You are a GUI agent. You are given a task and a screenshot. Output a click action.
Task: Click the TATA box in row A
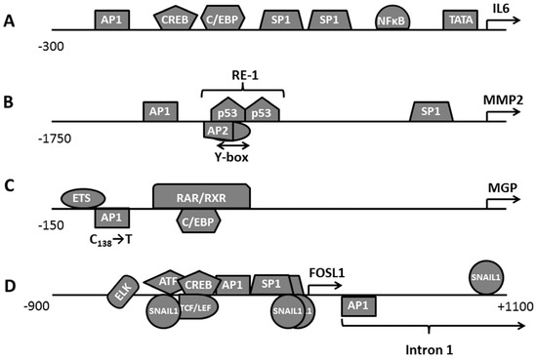pyautogui.click(x=458, y=19)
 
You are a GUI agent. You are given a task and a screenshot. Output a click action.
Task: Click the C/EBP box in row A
pyautogui.click(x=230, y=18)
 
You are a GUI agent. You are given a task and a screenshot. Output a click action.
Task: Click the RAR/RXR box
pyautogui.click(x=201, y=196)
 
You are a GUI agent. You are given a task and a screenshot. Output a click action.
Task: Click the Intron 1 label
pyautogui.click(x=427, y=345)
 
